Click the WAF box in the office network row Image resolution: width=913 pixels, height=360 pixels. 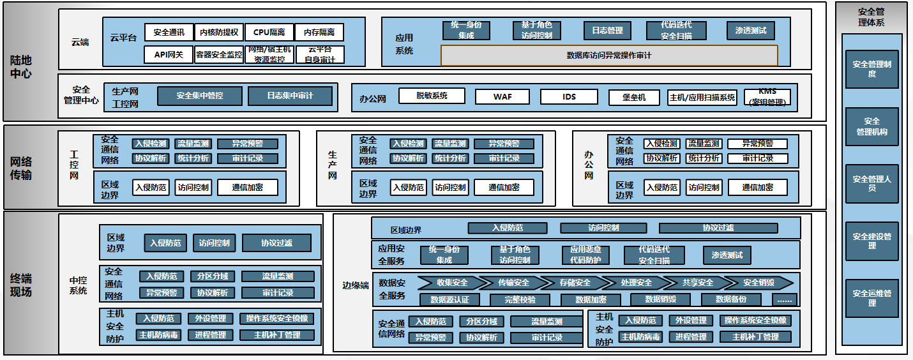point(502,97)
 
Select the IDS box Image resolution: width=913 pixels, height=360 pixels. point(569,97)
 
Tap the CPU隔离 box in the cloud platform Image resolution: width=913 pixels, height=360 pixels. point(269,33)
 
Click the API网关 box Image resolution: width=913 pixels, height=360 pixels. point(169,55)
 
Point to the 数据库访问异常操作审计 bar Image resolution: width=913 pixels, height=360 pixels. point(609,56)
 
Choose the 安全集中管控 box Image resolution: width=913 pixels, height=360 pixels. point(200,96)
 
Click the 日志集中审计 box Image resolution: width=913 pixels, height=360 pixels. point(290,96)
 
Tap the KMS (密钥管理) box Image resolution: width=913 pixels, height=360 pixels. point(767,97)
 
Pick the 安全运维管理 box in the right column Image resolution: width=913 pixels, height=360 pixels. point(871,299)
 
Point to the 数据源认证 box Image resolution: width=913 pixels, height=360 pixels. point(449,300)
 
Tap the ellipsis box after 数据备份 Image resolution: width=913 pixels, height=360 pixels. point(784,300)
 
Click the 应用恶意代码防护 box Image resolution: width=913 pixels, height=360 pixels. point(585,255)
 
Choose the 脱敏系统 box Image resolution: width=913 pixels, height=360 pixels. point(432,96)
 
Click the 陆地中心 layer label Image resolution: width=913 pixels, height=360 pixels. point(21,67)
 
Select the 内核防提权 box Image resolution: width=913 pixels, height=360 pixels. point(218,33)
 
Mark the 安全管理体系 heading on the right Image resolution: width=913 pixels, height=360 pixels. point(871,17)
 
